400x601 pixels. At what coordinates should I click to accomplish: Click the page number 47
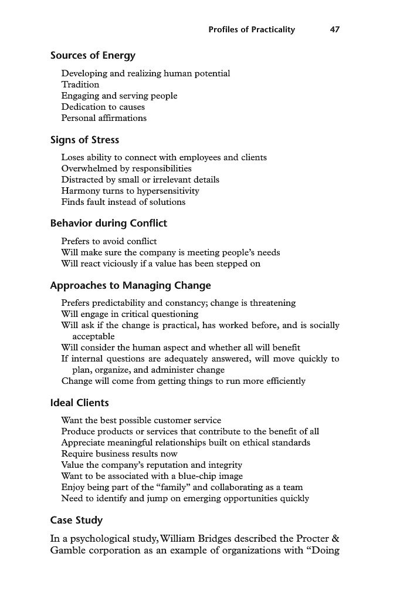(334, 29)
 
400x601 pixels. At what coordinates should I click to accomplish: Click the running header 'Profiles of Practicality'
(252, 29)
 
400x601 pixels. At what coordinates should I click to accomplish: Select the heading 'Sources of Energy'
(93, 56)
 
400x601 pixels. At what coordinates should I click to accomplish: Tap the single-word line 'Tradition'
(80, 85)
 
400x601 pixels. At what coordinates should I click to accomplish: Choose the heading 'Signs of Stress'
(84, 140)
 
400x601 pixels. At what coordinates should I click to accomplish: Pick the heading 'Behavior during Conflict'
(109, 223)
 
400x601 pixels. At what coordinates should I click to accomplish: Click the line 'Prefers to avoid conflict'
(109, 241)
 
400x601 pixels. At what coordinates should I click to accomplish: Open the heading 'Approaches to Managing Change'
(130, 286)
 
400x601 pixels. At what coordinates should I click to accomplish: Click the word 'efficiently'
(284, 381)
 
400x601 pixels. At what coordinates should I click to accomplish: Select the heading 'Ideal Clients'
(79, 403)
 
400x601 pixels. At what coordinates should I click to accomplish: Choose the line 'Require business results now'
(119, 454)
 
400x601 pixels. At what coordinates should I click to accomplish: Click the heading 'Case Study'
(76, 520)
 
